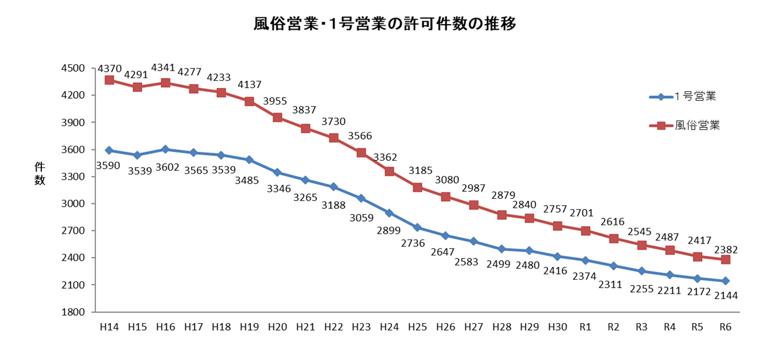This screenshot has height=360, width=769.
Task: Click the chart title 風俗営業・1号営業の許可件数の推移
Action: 385,24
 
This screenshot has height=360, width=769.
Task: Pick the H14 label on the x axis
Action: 109,327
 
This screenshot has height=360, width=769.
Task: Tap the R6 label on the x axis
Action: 725,327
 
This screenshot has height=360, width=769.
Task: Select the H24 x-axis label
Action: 389,327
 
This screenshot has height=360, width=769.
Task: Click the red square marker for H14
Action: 109,80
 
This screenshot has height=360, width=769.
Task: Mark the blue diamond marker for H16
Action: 165,149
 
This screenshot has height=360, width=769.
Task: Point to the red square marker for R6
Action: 725,260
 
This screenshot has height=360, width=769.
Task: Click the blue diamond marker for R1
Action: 585,260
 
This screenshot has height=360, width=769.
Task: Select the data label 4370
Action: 109,68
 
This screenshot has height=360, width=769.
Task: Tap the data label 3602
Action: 165,169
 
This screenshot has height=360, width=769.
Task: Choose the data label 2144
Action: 726,296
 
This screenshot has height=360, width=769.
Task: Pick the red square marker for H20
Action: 277,117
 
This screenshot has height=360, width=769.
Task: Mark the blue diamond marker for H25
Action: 417,227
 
